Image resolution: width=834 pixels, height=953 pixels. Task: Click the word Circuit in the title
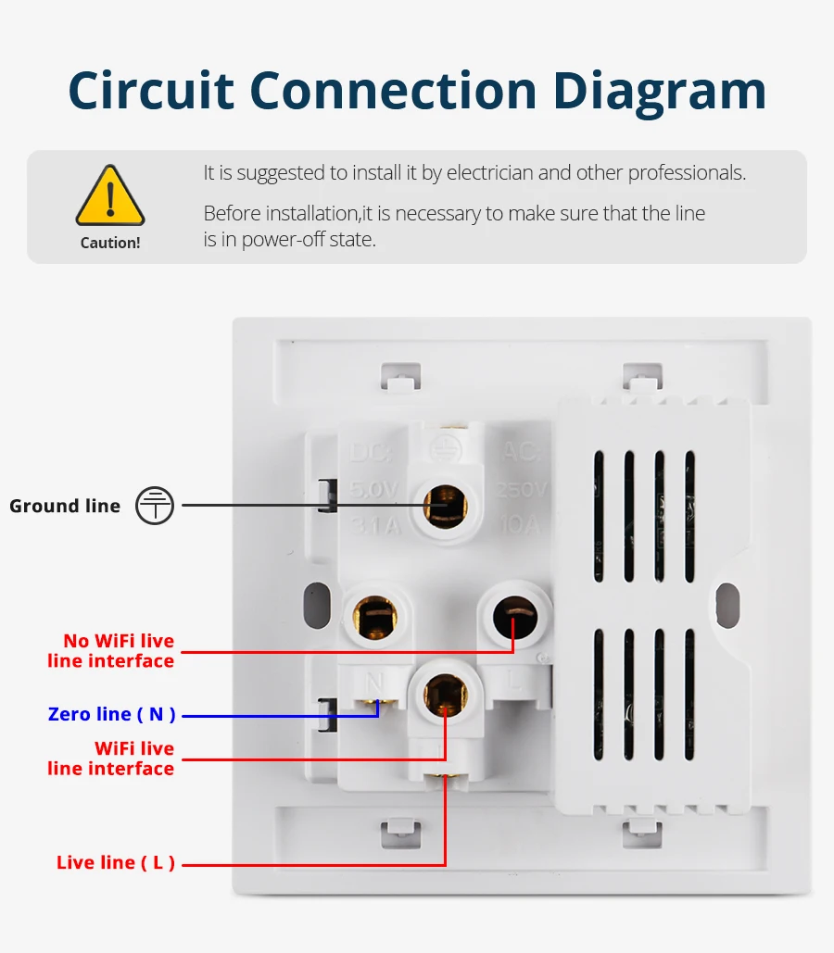coord(151,91)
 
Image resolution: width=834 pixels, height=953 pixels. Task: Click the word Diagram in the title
coord(660,91)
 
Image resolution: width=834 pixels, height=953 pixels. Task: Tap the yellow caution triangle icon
coord(110,196)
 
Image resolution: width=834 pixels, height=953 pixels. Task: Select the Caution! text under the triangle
coord(110,244)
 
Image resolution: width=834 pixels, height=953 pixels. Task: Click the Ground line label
coord(65,506)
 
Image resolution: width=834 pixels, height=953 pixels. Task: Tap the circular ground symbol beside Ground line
coord(155,506)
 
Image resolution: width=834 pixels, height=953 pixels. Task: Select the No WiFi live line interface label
coord(111,651)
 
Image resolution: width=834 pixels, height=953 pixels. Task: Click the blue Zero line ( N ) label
coord(111,714)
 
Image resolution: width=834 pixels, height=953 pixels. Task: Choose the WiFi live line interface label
coord(111,759)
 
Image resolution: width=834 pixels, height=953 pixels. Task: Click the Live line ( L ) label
coord(116,862)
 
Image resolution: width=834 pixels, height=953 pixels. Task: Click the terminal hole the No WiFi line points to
coord(513,611)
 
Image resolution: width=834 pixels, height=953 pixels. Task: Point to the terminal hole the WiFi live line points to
coord(445,693)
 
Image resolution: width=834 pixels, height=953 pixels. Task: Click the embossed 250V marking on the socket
coord(523,489)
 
